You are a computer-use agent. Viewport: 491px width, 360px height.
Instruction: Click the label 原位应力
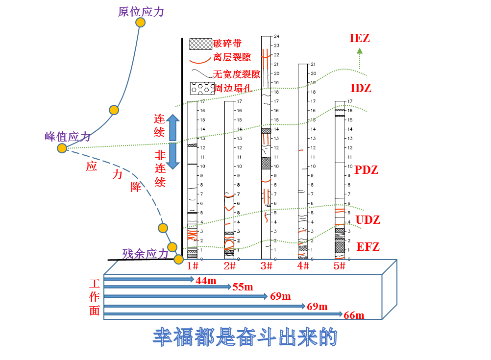[141, 11]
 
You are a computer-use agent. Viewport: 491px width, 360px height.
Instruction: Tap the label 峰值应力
[68, 136]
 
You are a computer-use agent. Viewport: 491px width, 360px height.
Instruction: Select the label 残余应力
[146, 253]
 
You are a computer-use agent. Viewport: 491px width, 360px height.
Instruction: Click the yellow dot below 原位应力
[140, 23]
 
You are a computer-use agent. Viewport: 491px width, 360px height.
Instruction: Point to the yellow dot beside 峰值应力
[62, 148]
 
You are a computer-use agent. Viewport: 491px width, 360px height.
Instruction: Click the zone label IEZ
[360, 38]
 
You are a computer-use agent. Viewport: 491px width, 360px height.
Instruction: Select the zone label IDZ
[361, 88]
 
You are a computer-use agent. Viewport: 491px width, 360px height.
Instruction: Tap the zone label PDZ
[366, 170]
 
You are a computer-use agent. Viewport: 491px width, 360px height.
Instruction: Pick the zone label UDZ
[368, 219]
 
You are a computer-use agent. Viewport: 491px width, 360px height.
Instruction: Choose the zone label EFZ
[368, 246]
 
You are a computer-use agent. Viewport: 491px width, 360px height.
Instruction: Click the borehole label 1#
[193, 265]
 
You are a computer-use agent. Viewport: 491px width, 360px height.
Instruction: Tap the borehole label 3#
[266, 265]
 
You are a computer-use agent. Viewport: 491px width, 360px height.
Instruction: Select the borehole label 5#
[340, 265]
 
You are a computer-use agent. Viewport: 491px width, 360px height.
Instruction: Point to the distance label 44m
[206, 280]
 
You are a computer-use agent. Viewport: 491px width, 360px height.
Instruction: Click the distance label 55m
[243, 287]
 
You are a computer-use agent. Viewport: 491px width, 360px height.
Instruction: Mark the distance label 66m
[354, 315]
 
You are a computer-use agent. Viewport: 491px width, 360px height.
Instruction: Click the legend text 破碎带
[227, 44]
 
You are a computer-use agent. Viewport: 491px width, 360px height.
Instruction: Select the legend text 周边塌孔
[232, 89]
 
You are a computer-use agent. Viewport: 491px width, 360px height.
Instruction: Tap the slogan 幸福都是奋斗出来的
[245, 337]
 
